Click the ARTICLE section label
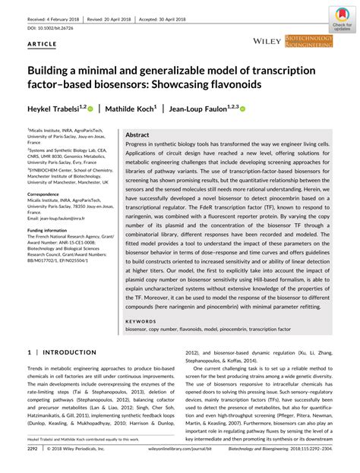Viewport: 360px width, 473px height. coord(42,45)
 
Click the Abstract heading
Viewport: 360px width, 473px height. coord(137,134)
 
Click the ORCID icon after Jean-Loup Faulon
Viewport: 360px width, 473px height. coord(243,109)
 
